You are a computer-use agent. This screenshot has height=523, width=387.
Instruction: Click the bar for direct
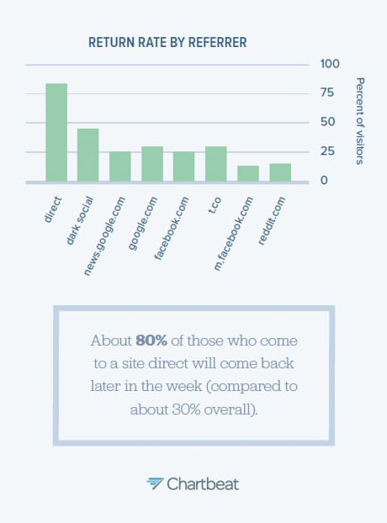56,132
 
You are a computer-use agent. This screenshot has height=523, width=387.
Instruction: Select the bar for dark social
88,155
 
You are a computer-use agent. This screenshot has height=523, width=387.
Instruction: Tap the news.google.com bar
120,166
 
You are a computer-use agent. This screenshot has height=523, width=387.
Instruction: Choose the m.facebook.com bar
248,173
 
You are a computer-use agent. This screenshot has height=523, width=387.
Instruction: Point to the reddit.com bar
280,172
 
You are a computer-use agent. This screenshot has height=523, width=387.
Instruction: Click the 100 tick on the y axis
330,64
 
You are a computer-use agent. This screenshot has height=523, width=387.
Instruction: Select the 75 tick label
330,93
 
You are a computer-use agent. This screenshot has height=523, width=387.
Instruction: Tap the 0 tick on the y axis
325,181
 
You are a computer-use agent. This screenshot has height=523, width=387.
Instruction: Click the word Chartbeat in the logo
203,483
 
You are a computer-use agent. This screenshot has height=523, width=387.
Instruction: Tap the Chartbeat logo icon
156,483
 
